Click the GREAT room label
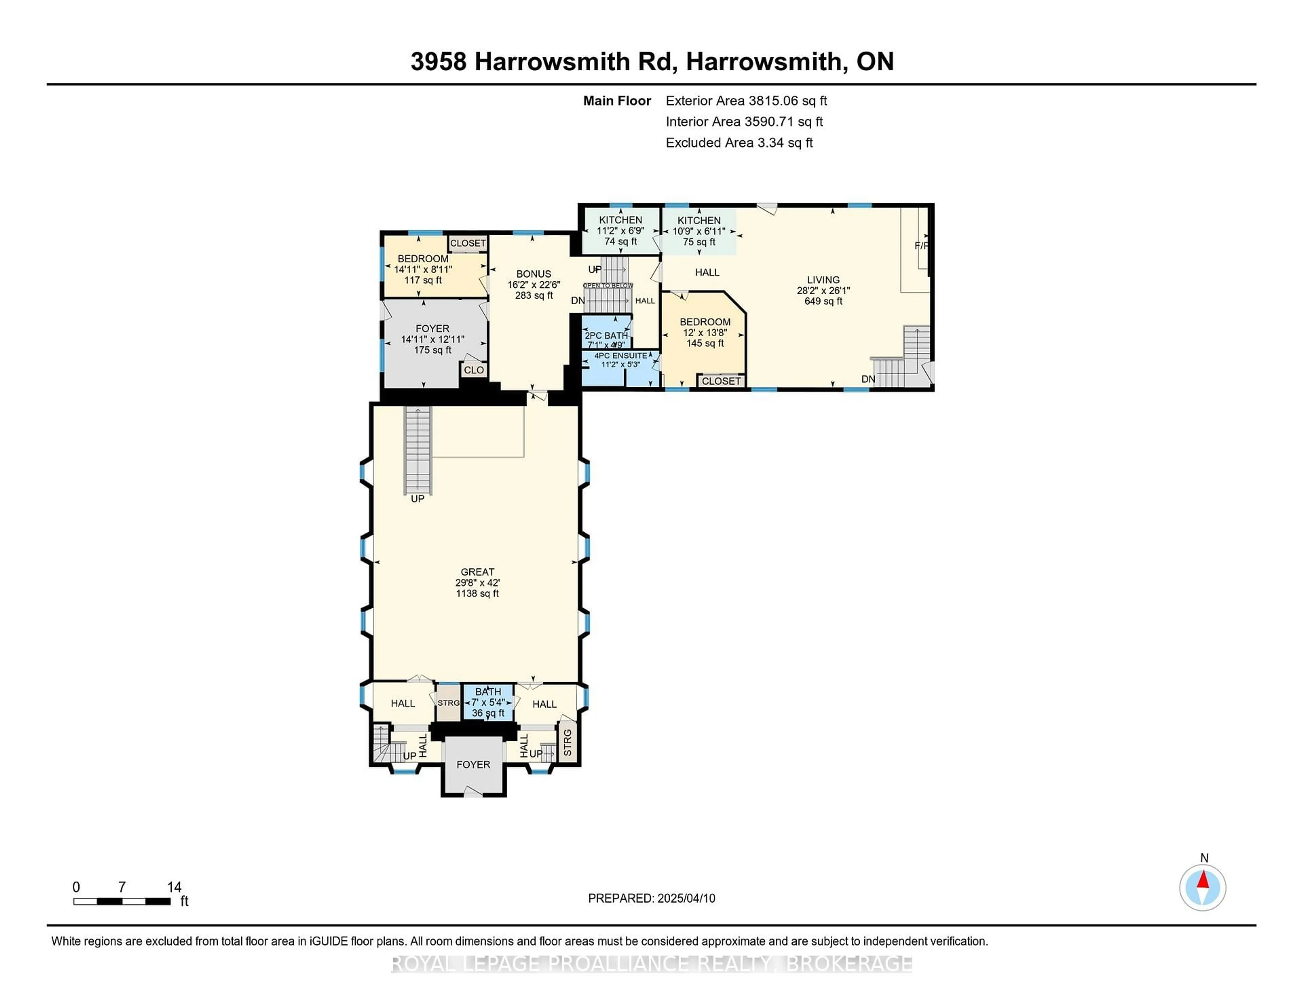pyautogui.click(x=477, y=571)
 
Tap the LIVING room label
pyautogui.click(x=823, y=280)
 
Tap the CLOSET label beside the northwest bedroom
pyautogui.click(x=468, y=243)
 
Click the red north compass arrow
pyautogui.click(x=1203, y=880)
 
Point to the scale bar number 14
pyautogui.click(x=174, y=887)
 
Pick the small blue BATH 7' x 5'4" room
pyautogui.click(x=488, y=703)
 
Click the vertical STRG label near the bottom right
pyautogui.click(x=567, y=742)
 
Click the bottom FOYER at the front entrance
pyautogui.click(x=473, y=765)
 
